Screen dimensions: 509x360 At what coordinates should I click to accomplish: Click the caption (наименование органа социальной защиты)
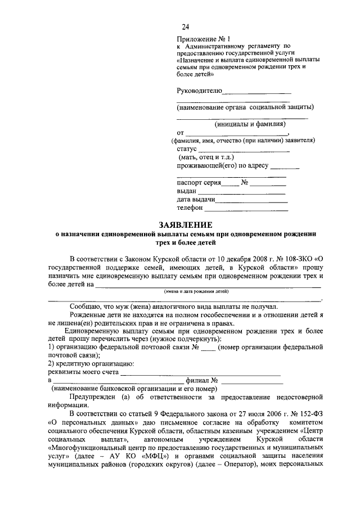tap(245, 107)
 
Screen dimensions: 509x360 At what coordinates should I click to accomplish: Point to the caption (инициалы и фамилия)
tap(250, 124)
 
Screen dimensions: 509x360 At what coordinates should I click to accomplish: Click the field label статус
tap(186, 149)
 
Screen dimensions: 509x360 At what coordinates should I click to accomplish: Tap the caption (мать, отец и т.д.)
tap(206, 157)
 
